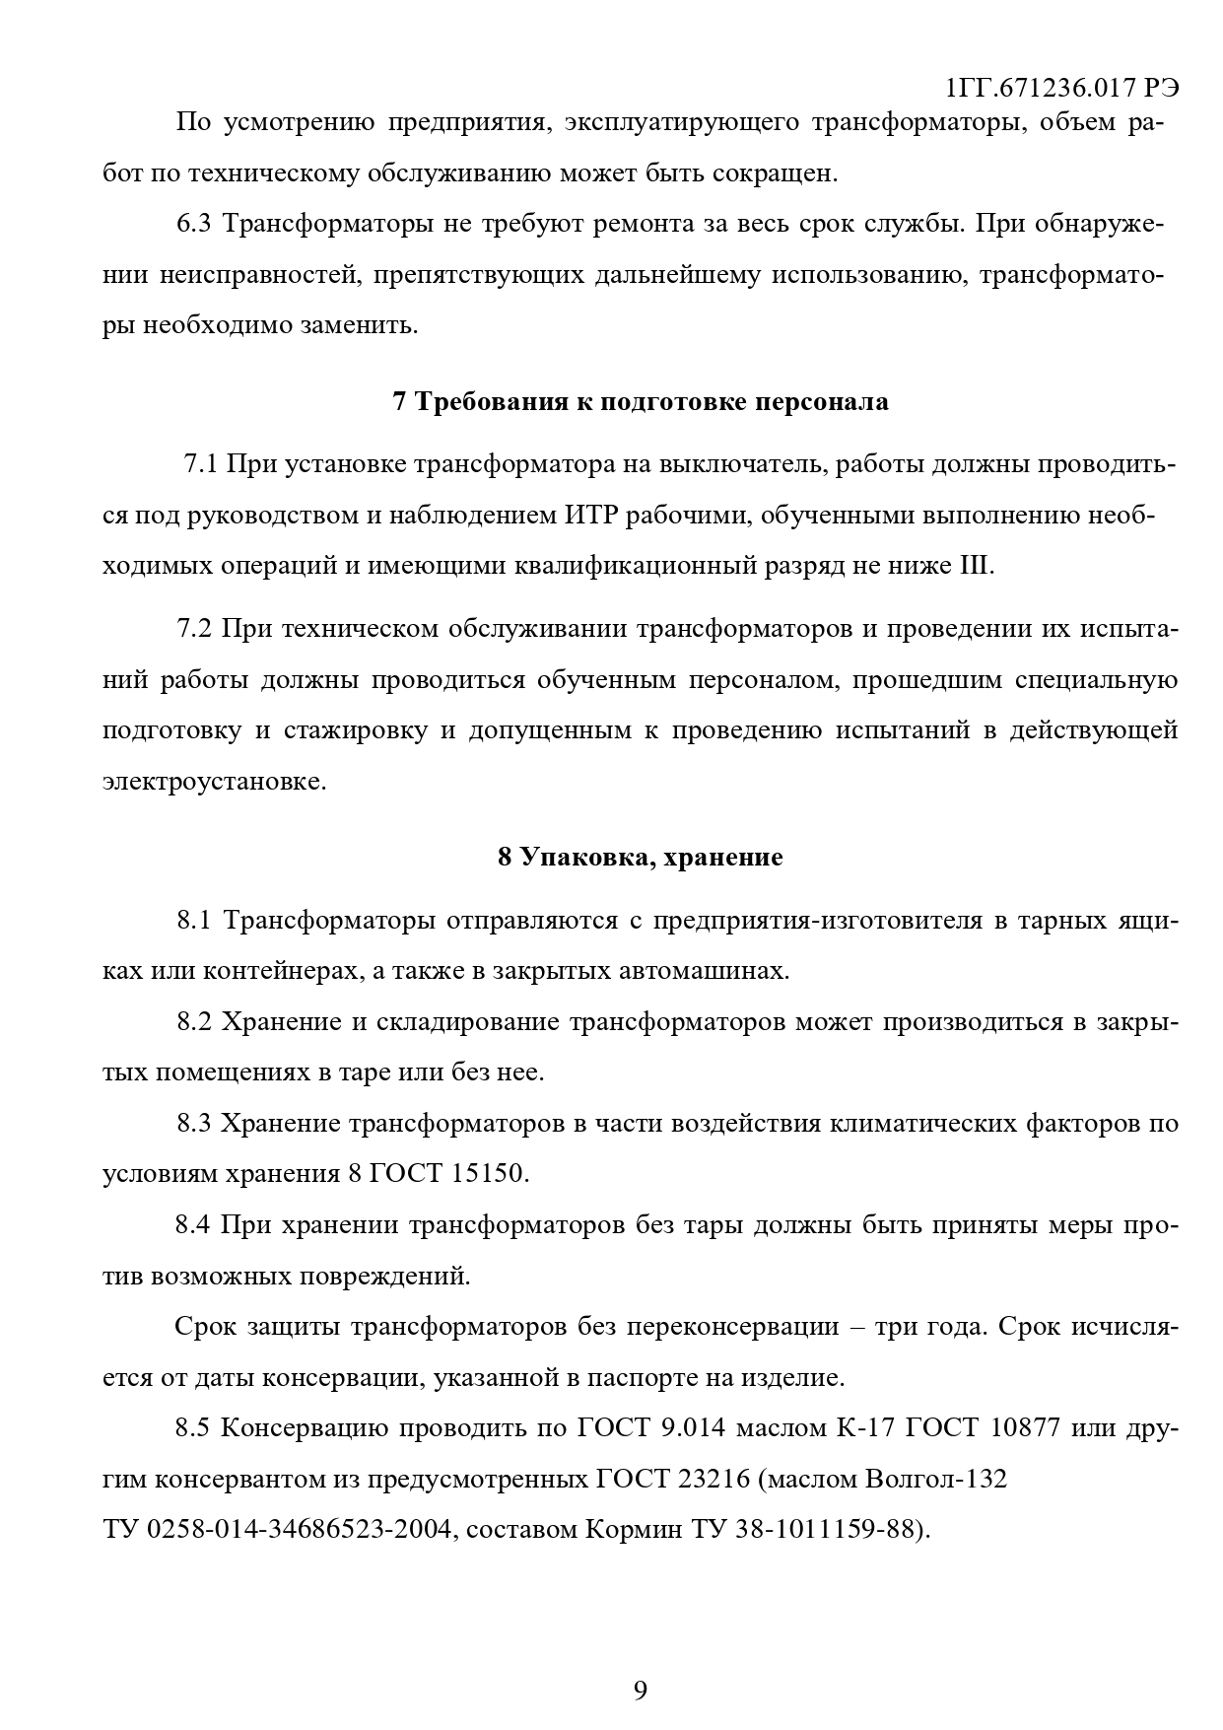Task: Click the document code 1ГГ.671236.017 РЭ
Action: pyautogui.click(x=1062, y=88)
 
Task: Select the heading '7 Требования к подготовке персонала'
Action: pyautogui.click(x=641, y=402)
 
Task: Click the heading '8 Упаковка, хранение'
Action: pyautogui.click(x=641, y=858)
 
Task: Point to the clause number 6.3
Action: pyautogui.click(x=194, y=224)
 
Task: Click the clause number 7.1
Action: pyautogui.click(x=201, y=463)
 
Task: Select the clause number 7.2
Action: pyautogui.click(x=194, y=629)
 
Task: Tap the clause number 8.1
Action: pyautogui.click(x=194, y=921)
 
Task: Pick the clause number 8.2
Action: pyautogui.click(x=194, y=1021)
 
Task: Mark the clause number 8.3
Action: pyautogui.click(x=194, y=1124)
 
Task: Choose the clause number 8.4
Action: pyautogui.click(x=194, y=1225)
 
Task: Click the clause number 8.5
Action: pyautogui.click(x=194, y=1427)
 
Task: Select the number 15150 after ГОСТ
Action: pyautogui.click(x=491, y=1174)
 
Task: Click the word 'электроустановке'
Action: pyautogui.click(x=214, y=782)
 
